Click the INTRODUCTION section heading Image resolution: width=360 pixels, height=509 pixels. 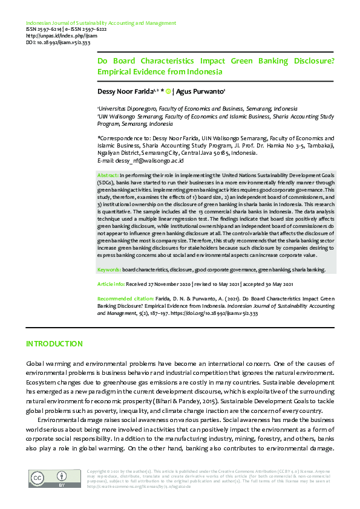click(54, 344)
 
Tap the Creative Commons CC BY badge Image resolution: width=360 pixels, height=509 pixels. click(45, 480)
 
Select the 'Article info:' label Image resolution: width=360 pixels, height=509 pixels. click(112, 284)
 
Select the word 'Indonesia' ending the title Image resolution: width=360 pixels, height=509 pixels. click(206, 71)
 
